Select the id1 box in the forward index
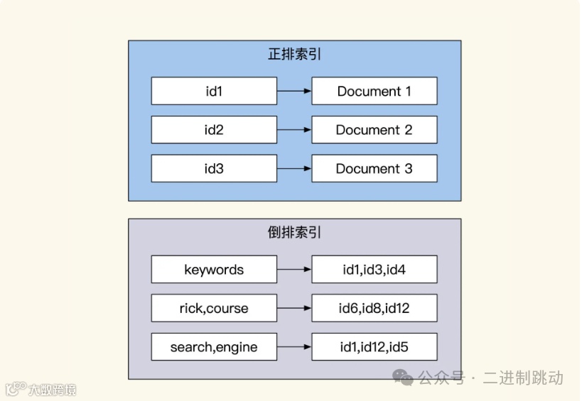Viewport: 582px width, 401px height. (214, 92)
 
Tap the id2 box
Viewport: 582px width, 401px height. (214, 130)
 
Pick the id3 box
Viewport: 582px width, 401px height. (214, 169)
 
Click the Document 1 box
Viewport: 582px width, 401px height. (374, 92)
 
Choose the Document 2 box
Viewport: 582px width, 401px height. (374, 130)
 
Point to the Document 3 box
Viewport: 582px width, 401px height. (374, 169)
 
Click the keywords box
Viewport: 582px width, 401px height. (214, 270)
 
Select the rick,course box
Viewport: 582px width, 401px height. (214, 309)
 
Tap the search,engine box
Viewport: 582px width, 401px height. (214, 348)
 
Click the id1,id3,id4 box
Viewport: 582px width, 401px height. (374, 270)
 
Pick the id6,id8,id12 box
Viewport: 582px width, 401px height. (374, 309)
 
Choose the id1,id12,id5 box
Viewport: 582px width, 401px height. (374, 348)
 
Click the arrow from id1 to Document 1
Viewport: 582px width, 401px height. (294, 92)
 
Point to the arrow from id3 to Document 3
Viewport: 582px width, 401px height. (294, 169)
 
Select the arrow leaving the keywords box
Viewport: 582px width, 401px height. (294, 270)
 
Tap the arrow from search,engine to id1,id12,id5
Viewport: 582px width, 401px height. (294, 348)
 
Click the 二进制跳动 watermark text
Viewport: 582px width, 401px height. (523, 378)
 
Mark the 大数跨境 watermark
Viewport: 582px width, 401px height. (52, 390)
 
